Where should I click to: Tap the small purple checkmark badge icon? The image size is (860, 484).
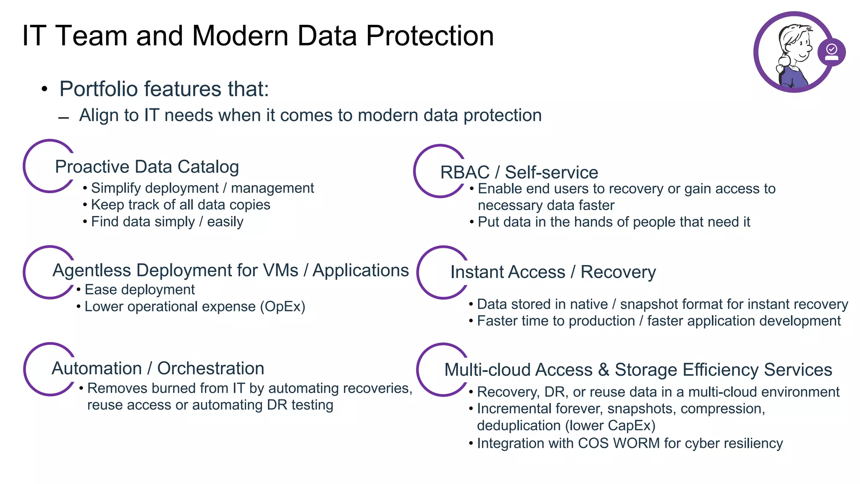831,52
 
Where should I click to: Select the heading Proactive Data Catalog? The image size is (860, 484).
147,167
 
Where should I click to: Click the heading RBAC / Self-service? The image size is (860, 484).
519,172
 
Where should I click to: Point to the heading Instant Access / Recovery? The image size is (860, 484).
553,272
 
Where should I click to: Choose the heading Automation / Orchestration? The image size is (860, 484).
158,368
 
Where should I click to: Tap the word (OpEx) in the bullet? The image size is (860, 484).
282,307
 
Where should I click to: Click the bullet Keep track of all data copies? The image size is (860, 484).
181,205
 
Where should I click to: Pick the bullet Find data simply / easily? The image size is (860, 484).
167,221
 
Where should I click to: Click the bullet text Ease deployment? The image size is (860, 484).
139,289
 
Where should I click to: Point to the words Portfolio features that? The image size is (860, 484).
164,89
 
